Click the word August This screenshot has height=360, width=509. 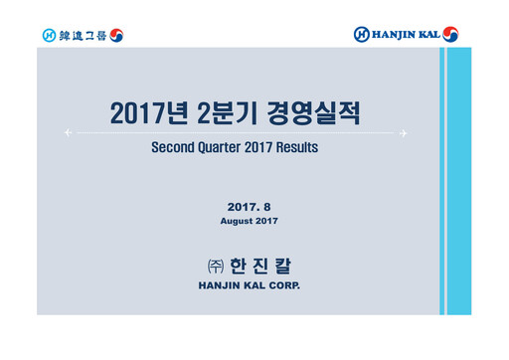[239, 220]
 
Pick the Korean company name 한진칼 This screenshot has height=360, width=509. [263, 267]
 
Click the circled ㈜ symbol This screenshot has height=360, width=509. [212, 267]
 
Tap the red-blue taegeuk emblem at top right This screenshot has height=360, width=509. [451, 35]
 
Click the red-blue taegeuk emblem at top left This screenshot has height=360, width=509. [116, 35]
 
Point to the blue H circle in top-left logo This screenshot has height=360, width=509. [49, 35]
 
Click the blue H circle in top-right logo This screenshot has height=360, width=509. [362, 35]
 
